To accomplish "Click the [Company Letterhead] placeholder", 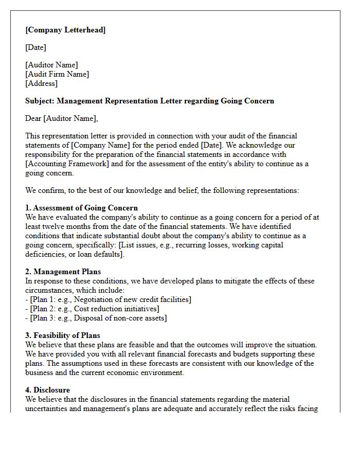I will click(65, 30).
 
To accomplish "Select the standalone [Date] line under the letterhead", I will click(35, 47).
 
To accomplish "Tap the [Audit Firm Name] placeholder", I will click(57, 74).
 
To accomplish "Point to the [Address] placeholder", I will click(41, 83).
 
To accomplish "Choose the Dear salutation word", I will click(33, 118).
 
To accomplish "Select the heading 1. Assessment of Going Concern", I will click(81, 208).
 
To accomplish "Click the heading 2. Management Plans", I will click(63, 272).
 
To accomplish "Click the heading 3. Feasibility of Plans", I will click(63, 335).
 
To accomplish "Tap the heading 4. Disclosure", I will click(47, 390).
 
